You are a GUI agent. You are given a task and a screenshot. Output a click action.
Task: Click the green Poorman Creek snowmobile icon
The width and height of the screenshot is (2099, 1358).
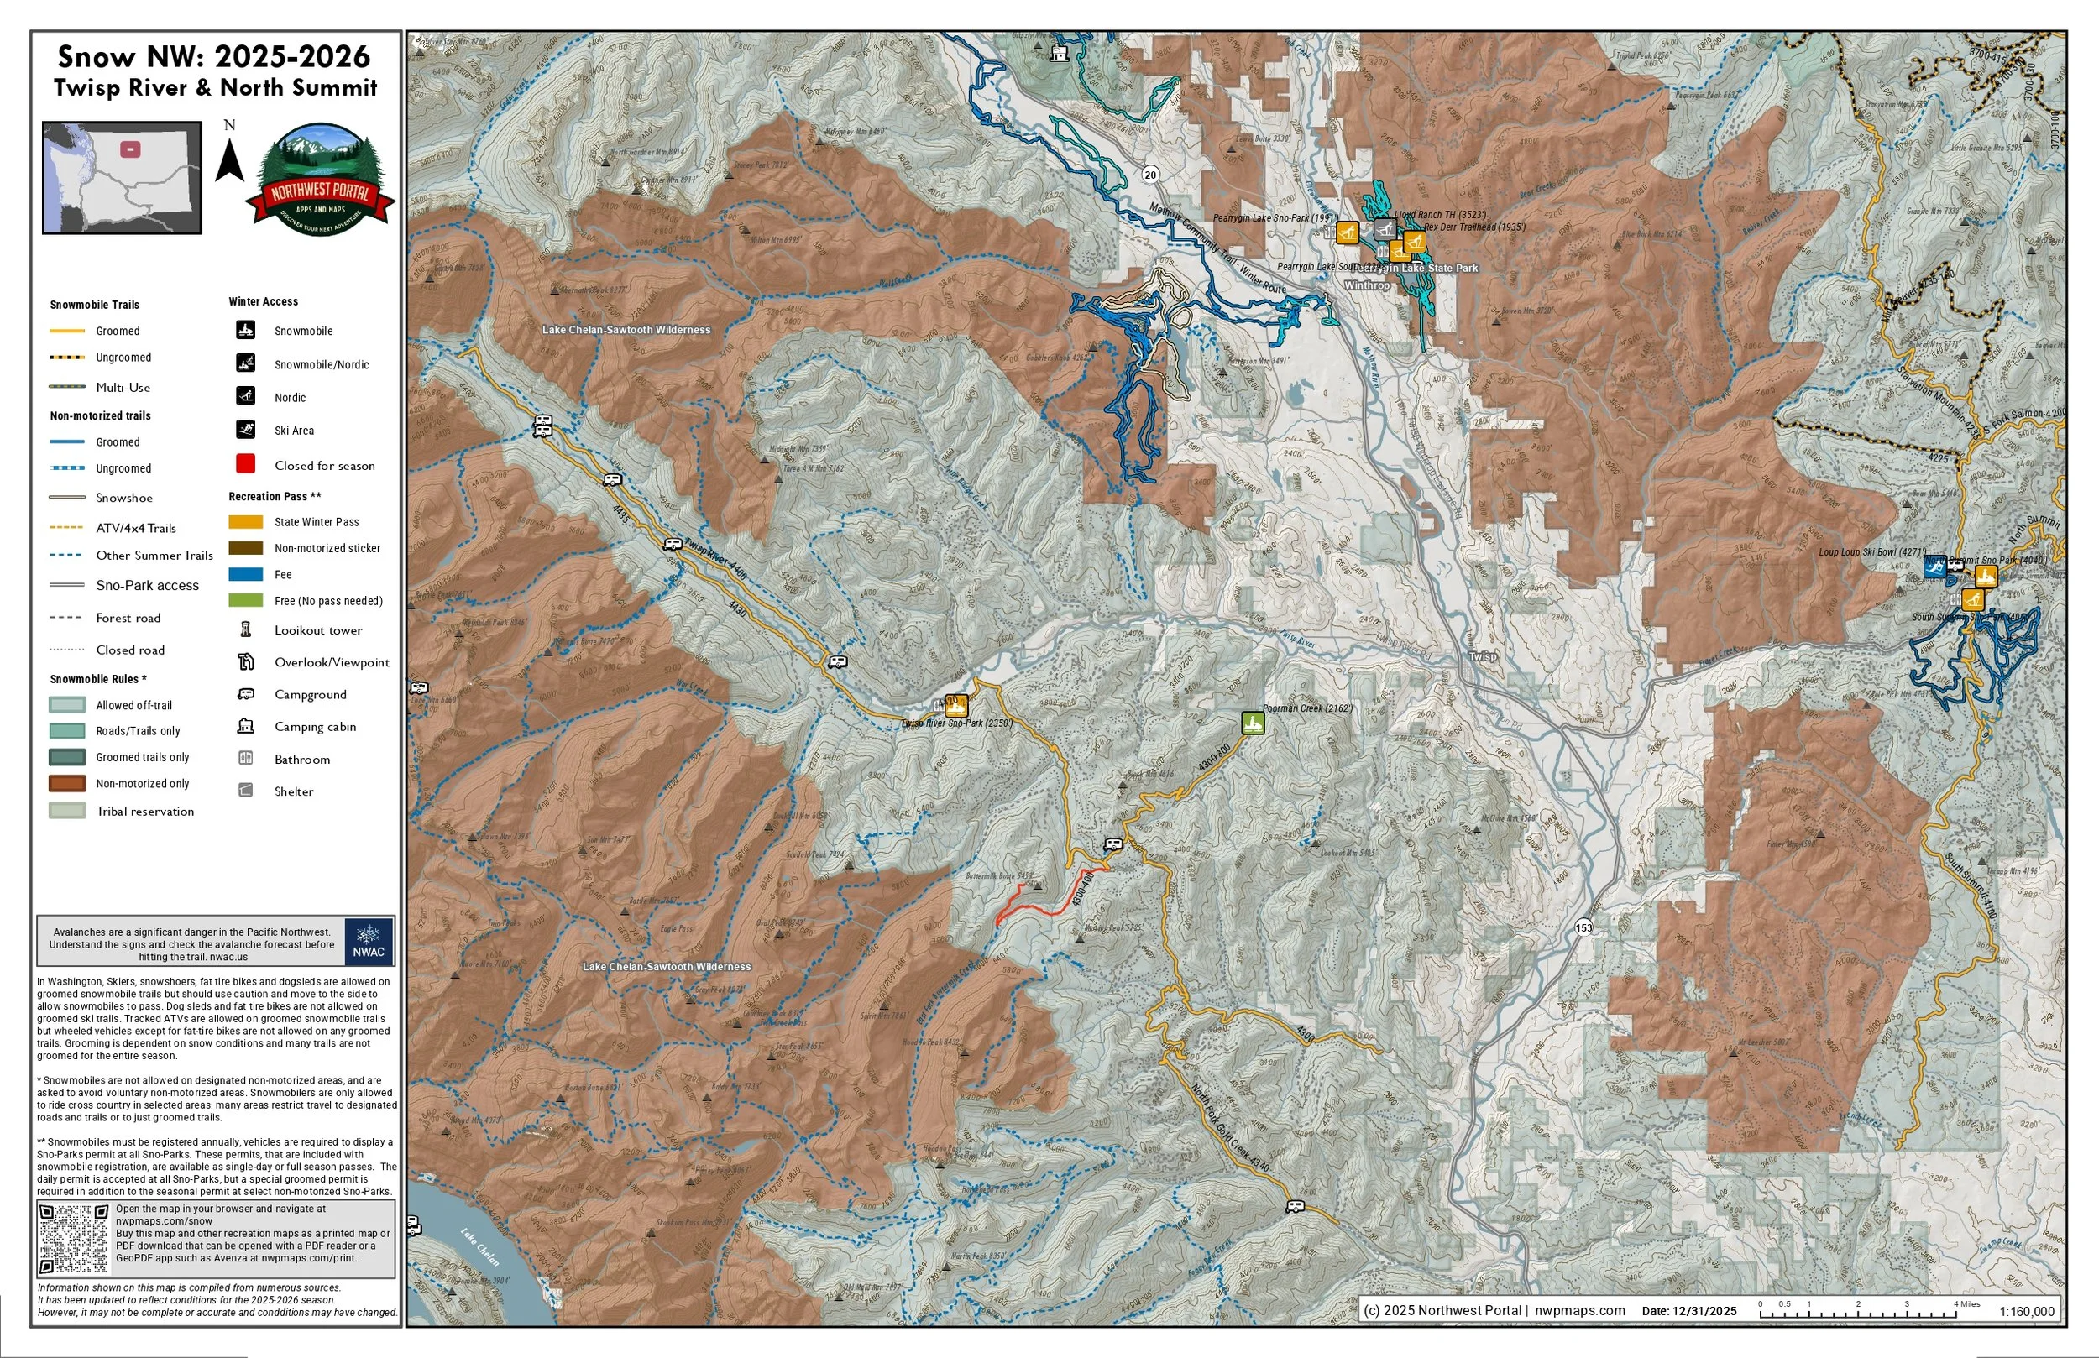coord(1253,723)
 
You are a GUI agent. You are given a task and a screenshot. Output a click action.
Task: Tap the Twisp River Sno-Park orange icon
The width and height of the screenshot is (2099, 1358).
coord(956,706)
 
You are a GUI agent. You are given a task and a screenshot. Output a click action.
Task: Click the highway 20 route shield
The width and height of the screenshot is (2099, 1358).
coord(1150,175)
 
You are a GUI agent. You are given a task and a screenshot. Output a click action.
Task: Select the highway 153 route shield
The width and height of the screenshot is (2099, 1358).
coord(1584,927)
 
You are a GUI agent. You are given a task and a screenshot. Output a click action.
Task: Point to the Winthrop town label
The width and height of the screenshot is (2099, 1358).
coord(1366,285)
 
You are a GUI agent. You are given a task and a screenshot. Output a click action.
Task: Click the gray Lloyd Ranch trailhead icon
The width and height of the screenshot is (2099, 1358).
coord(1385,229)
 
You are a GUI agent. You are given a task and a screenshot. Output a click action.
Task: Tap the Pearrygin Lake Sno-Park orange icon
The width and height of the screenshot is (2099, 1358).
coord(1346,232)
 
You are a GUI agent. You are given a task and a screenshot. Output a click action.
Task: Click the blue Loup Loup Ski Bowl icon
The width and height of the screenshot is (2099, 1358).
coord(1935,567)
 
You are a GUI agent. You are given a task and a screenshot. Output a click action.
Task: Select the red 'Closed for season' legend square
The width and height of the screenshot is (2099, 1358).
coord(245,464)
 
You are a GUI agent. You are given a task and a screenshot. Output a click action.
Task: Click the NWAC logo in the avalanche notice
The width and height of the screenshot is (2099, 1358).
coord(369,942)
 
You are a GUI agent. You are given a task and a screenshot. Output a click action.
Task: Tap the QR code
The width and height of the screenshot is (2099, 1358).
coord(74,1238)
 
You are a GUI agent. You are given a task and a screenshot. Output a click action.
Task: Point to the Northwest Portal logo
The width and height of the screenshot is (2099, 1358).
coord(319,180)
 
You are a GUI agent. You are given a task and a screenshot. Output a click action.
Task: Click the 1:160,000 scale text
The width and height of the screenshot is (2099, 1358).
coord(2027,1311)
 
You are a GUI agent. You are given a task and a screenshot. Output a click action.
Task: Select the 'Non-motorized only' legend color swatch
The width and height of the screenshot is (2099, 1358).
coord(67,783)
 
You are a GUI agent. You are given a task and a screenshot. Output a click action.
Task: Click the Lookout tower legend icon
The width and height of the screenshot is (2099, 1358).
coord(246,629)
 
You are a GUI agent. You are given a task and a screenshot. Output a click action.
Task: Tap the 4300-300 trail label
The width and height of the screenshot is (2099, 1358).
coord(1215,760)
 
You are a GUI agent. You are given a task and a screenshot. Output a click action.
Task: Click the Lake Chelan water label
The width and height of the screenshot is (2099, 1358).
coord(479,1247)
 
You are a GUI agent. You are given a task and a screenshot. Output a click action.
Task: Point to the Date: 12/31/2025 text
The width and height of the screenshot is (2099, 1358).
coord(1688,1311)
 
